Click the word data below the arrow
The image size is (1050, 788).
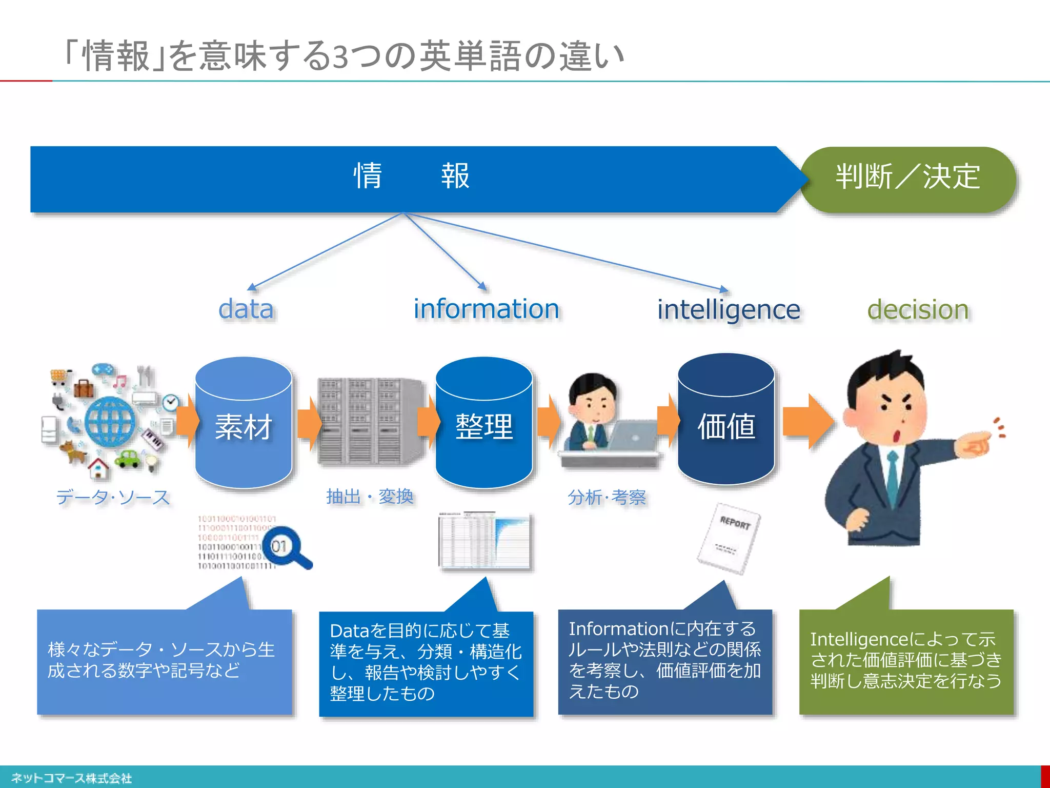coord(246,309)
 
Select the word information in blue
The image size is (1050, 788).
coord(486,309)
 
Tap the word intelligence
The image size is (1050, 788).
coord(728,310)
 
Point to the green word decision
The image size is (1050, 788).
coord(918,310)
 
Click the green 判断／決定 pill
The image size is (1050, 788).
coord(907,178)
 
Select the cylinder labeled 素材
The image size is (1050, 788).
coord(244,426)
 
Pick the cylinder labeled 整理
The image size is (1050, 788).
coord(483,426)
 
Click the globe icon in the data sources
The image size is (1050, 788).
coord(110,422)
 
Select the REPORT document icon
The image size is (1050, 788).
coord(729,539)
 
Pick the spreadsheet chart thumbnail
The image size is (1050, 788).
coord(485,541)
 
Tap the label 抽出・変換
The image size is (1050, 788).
coord(370,497)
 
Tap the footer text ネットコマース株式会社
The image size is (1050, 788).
coord(72,778)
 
